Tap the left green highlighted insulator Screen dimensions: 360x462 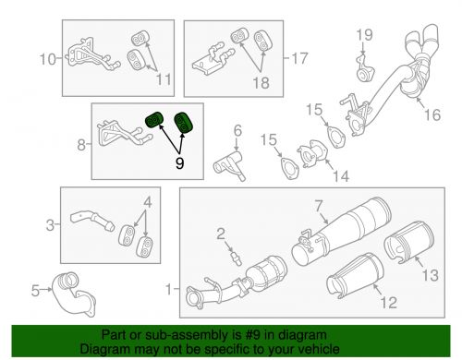coord(155,120)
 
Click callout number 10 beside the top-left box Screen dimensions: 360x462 coord(45,61)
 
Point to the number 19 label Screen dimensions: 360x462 coord(366,35)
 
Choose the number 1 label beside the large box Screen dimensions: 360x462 coord(167,289)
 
